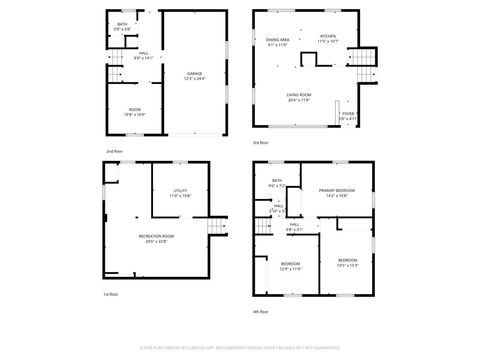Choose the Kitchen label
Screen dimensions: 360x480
(328, 38)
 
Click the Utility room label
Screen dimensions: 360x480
(180, 193)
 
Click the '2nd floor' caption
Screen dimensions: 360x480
(117, 150)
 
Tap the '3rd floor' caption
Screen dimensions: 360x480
(260, 143)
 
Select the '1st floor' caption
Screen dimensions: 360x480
(110, 294)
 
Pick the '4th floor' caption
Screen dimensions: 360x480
(261, 311)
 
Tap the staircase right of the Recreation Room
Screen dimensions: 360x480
(213, 232)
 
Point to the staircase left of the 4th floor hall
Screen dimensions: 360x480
(263, 229)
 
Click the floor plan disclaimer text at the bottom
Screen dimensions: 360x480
(241, 349)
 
